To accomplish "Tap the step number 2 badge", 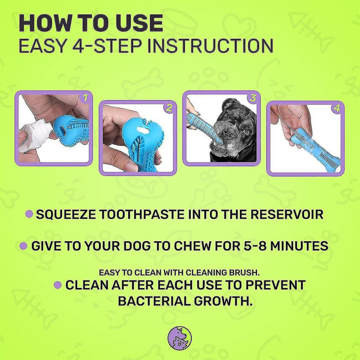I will click(169, 108).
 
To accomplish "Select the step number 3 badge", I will click(253, 97).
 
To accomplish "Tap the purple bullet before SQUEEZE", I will click(29, 214).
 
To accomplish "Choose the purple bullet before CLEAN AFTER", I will click(57, 285).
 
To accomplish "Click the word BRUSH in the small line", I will click(248, 272).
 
